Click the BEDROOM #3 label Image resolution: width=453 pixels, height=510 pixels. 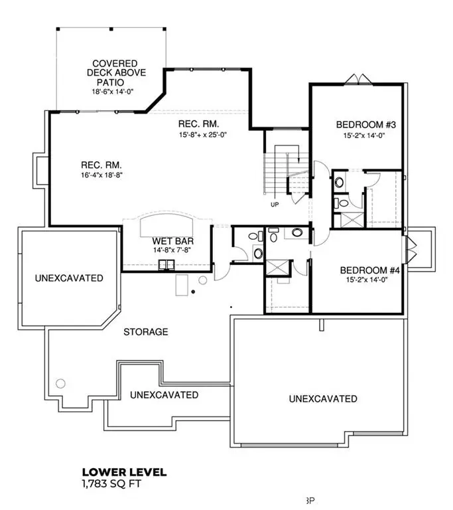(x=362, y=124)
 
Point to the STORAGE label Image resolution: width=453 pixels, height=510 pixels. (x=145, y=331)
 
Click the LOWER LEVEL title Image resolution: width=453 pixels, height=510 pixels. (x=123, y=473)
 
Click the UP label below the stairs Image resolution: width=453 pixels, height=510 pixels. (x=275, y=205)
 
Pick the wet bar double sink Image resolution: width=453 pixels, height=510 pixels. (x=166, y=266)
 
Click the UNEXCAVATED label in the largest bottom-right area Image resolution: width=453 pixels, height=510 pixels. (x=322, y=398)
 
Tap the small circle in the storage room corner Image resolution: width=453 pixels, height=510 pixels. (x=61, y=383)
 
